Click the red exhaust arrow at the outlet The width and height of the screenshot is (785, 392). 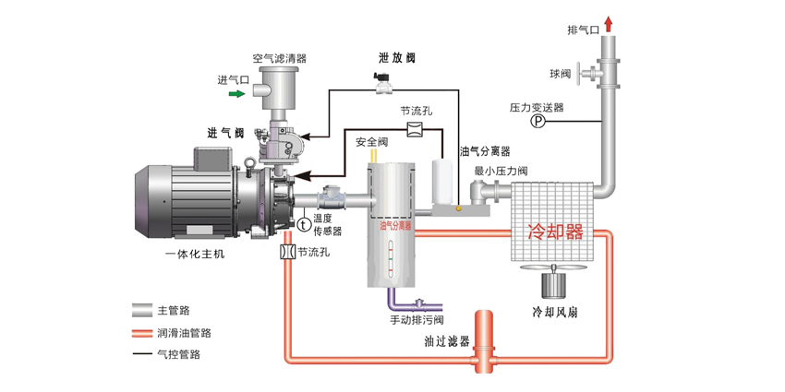(609, 23)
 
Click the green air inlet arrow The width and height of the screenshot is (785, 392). (236, 93)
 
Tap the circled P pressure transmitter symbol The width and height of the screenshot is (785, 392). (538, 122)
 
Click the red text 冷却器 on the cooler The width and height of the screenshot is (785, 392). (555, 232)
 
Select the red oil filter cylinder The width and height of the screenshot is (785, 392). (484, 336)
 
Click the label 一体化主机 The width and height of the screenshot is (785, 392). (194, 253)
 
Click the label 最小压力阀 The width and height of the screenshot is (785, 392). (500, 171)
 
